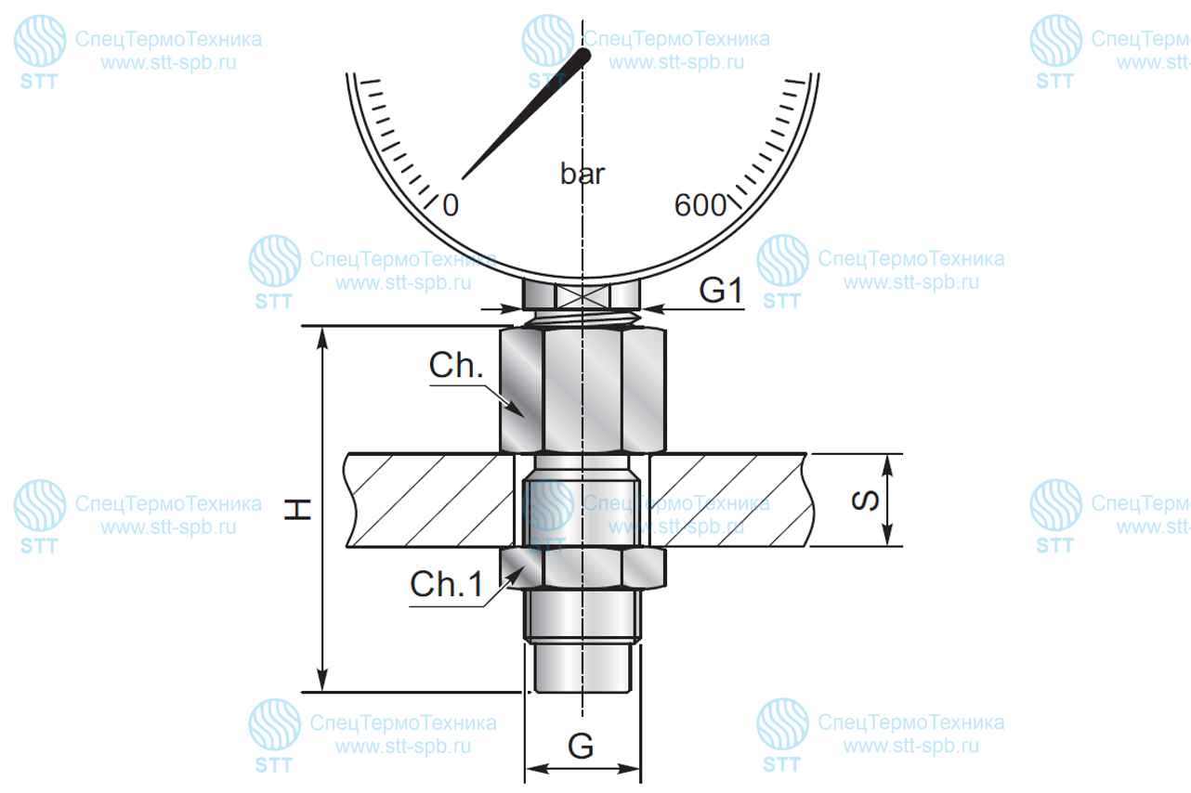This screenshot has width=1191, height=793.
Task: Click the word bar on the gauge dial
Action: (x=582, y=174)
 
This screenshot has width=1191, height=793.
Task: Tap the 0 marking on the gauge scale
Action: (x=451, y=204)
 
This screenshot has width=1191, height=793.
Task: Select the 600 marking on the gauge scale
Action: (x=700, y=204)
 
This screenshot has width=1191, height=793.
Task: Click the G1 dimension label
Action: (x=721, y=291)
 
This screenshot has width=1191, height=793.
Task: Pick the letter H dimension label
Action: (x=297, y=509)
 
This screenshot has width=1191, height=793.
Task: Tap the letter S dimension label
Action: (x=865, y=500)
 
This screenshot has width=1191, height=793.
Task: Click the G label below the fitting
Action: (x=581, y=746)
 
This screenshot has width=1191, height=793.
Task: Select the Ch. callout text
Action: (x=456, y=365)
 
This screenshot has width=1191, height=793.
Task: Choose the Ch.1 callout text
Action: (x=447, y=584)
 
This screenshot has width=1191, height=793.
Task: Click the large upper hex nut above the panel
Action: (x=582, y=390)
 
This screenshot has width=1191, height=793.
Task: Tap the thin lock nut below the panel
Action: (x=582, y=567)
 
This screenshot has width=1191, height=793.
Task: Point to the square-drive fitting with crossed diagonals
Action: (x=582, y=294)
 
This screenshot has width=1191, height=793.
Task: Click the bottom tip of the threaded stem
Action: (x=582, y=692)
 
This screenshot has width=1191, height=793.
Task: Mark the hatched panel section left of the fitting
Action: (x=429, y=500)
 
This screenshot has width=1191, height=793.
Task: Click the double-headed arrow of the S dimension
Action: (x=887, y=500)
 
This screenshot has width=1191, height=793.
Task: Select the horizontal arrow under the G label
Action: (x=582, y=769)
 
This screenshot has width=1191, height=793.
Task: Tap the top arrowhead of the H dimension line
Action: (x=321, y=338)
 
